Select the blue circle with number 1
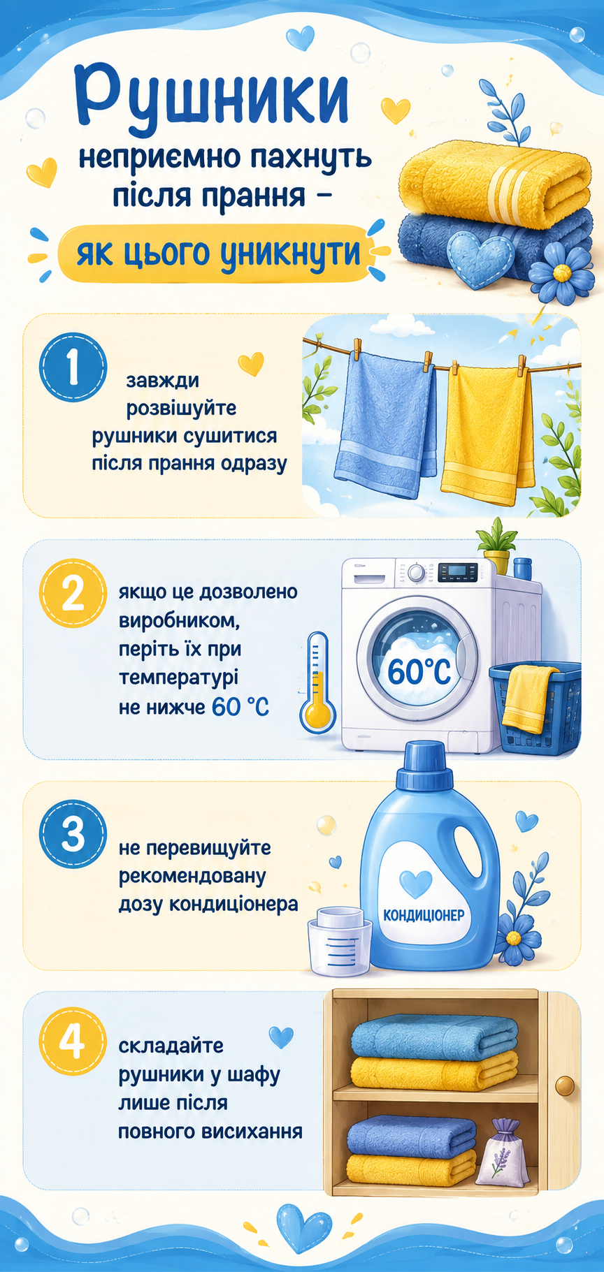tap(73, 368)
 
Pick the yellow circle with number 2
tap(73, 594)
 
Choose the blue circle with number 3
tap(73, 834)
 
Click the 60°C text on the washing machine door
tap(419, 671)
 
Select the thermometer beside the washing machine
tap(318, 682)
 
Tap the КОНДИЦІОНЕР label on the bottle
tap(424, 915)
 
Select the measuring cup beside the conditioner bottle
tap(339, 940)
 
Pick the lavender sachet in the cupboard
tap(499, 1151)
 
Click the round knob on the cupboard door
tap(564, 1086)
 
